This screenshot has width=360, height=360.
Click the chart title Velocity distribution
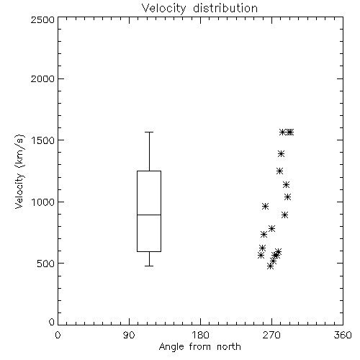[x=199, y=8]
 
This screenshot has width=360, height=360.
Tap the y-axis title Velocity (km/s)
[x=19, y=171]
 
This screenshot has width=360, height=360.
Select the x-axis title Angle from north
[x=199, y=347]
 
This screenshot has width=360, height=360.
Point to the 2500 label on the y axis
[x=42, y=19]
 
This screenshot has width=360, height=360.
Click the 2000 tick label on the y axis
[x=42, y=79]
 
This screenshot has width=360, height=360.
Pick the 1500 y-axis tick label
[x=43, y=140]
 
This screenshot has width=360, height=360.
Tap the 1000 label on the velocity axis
[x=43, y=202]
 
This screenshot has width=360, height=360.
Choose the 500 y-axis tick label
[x=46, y=264]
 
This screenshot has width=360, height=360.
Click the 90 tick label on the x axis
[x=129, y=335]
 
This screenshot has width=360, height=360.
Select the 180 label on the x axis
[x=200, y=335]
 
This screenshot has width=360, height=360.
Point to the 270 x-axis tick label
[x=271, y=335]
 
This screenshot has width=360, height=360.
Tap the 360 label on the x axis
[x=343, y=335]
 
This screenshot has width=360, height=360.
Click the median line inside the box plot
[x=149, y=215]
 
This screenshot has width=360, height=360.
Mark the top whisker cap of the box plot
[x=149, y=132]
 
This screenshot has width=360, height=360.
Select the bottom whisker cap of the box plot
[x=149, y=266]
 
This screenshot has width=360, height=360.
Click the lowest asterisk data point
[x=270, y=266]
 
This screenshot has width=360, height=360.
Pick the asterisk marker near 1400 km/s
[x=281, y=153]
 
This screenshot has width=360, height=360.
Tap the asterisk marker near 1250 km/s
[x=279, y=171]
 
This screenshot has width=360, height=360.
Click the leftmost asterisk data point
[x=261, y=255]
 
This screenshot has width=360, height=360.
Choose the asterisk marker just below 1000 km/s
[x=265, y=206]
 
